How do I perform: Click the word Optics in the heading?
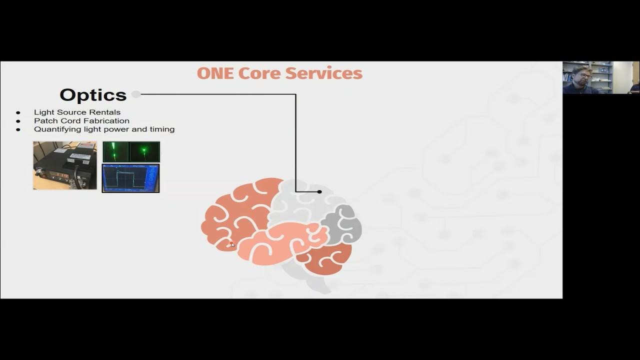(x=93, y=94)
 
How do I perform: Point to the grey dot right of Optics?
(x=136, y=94)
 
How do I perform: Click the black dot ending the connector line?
(x=319, y=191)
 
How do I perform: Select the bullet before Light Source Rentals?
(x=18, y=112)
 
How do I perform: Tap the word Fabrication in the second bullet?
(x=106, y=120)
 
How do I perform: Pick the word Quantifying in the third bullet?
(x=53, y=129)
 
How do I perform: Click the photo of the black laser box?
(x=65, y=165)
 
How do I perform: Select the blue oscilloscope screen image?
(x=130, y=178)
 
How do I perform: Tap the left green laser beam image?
(x=115, y=151)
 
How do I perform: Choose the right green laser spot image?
(x=145, y=151)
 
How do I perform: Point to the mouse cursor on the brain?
(x=231, y=244)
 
